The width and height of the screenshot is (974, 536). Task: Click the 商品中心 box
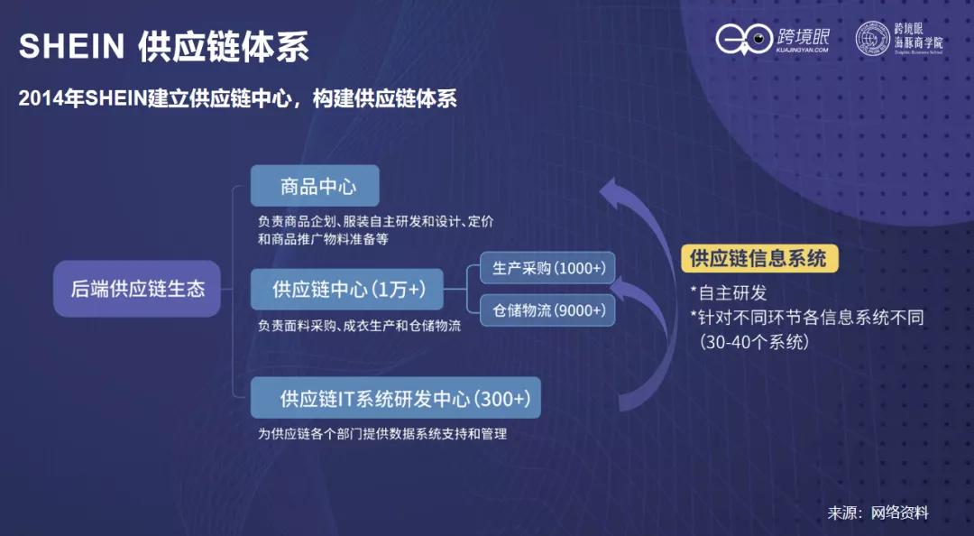pyautogui.click(x=315, y=187)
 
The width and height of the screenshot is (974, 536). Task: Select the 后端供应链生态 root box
pyautogui.click(x=137, y=290)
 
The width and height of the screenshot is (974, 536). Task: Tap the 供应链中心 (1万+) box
pyautogui.click(x=347, y=291)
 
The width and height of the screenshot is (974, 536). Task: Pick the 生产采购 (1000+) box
pyautogui.click(x=547, y=269)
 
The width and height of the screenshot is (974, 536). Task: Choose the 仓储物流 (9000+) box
pyautogui.click(x=547, y=310)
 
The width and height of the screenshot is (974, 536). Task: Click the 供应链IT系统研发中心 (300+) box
pyautogui.click(x=396, y=398)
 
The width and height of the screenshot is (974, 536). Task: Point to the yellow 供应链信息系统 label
pyautogui.click(x=758, y=258)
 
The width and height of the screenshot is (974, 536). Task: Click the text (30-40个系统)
pyautogui.click(x=755, y=342)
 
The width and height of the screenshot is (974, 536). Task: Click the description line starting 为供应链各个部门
pyautogui.click(x=382, y=434)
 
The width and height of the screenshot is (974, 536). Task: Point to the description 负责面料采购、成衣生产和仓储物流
pyautogui.click(x=359, y=326)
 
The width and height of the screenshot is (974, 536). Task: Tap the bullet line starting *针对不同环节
pyautogui.click(x=806, y=318)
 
